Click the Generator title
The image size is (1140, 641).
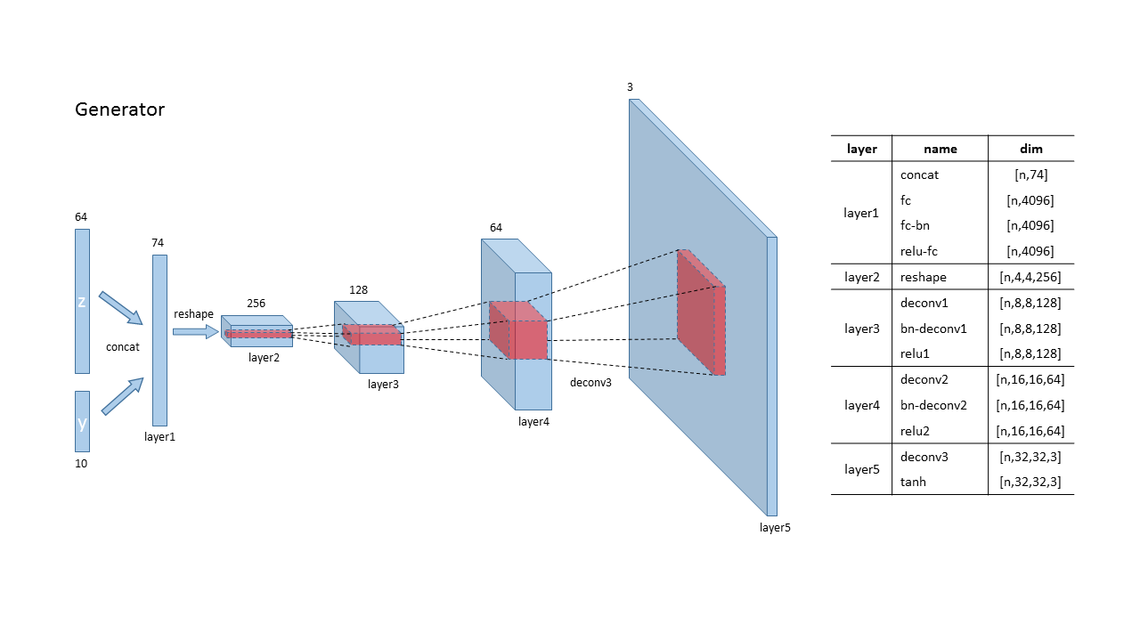click(x=119, y=110)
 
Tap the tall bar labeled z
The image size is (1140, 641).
click(x=82, y=301)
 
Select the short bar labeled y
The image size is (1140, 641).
click(x=82, y=421)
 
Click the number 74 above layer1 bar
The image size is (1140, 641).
click(x=159, y=242)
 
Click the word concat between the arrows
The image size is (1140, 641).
click(x=122, y=346)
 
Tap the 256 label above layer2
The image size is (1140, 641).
click(x=256, y=303)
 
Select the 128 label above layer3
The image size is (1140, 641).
click(x=359, y=289)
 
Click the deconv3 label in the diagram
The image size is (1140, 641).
click(x=590, y=382)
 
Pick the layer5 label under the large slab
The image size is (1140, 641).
click(x=775, y=527)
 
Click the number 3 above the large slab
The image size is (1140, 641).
click(x=630, y=87)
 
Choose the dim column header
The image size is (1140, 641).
click(x=1030, y=149)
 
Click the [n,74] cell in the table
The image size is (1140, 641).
click(x=1030, y=174)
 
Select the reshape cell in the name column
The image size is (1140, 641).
click(x=924, y=277)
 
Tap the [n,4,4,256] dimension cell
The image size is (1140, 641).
click(x=1030, y=277)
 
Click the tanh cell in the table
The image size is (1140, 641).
click(x=914, y=483)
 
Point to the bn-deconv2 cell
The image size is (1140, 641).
click(x=933, y=405)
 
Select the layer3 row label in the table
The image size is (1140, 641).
click(x=861, y=329)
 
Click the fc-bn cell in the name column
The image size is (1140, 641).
click(x=915, y=225)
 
